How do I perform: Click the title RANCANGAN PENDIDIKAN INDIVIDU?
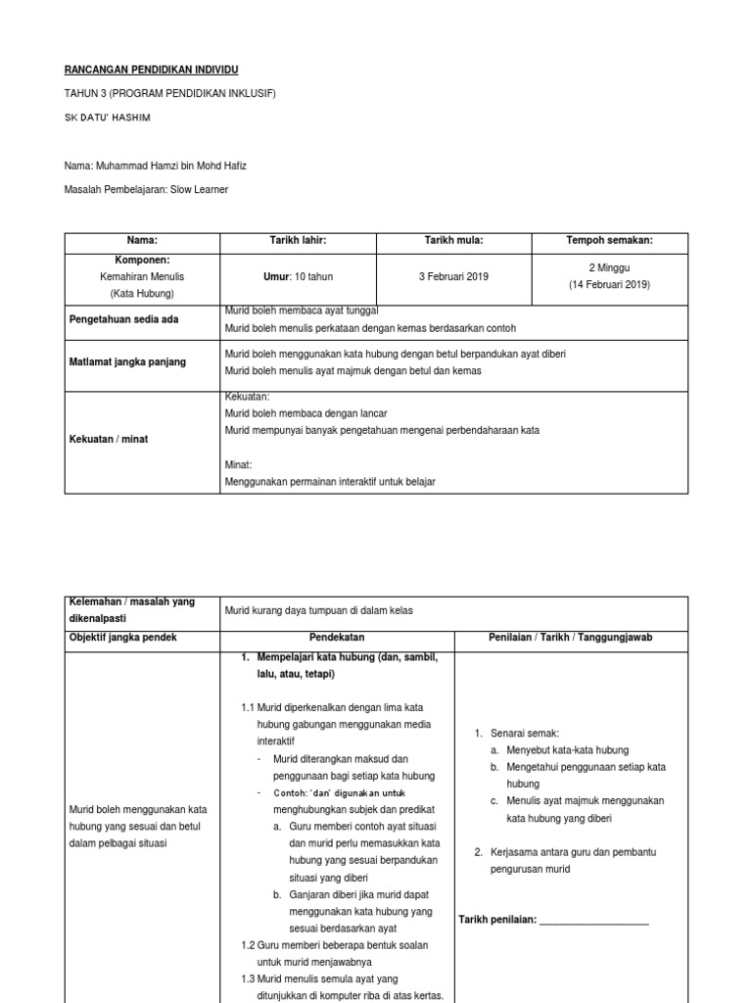pos(151,71)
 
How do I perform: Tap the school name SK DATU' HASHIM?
pos(108,118)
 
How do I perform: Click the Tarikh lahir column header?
pos(298,241)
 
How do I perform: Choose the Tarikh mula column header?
pos(453,241)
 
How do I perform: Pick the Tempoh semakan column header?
pos(609,241)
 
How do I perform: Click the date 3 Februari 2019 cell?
pos(453,277)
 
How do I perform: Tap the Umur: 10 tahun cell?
pos(298,277)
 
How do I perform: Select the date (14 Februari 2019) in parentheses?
pos(609,285)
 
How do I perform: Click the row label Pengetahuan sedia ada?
pos(123,320)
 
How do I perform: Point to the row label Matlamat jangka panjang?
pos(126,362)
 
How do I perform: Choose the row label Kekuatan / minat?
pos(108,440)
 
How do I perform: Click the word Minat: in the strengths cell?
pos(239,465)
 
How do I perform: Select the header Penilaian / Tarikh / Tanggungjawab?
pos(571,638)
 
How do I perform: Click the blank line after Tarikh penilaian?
pos(593,920)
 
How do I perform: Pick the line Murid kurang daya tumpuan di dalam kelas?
pos(319,611)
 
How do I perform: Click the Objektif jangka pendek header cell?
pos(123,638)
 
